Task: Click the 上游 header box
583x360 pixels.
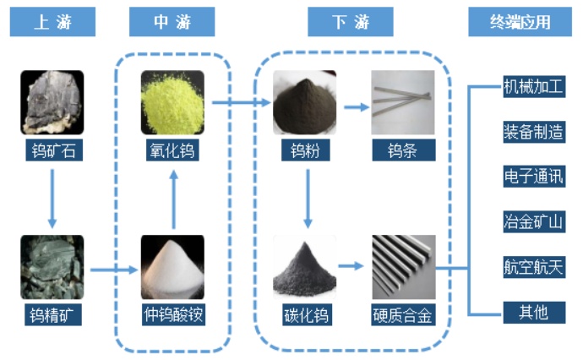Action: [x=52, y=22]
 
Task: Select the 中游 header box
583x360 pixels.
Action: [x=172, y=22]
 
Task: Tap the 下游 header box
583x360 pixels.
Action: [x=350, y=22]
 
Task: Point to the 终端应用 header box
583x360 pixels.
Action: [x=520, y=22]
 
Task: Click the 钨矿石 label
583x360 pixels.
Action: [x=52, y=152]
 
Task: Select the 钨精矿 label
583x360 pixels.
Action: [x=52, y=316]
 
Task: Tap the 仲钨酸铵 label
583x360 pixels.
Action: [x=172, y=316]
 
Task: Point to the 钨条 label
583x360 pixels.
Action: [x=403, y=152]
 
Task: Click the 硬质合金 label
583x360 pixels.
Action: [x=403, y=316]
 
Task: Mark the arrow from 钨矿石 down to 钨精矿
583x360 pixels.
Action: [x=52, y=199]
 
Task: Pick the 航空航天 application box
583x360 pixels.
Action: [x=533, y=267]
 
